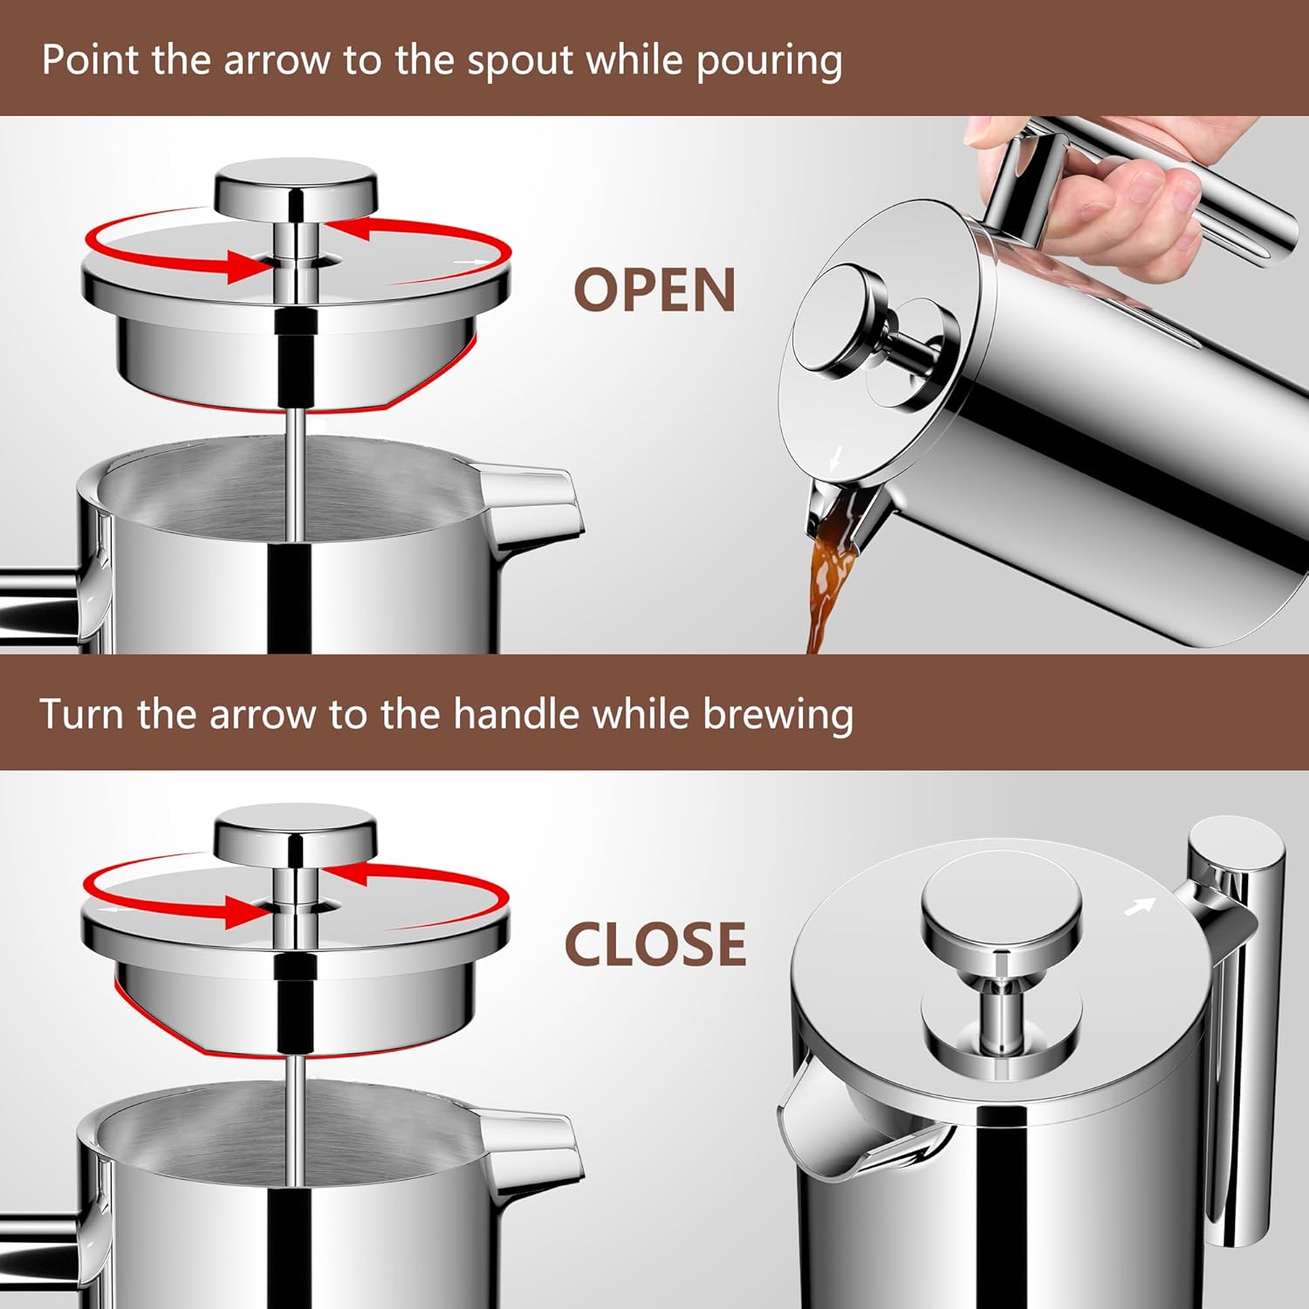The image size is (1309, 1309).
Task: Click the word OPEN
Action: [x=654, y=290]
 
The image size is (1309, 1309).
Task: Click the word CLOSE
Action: [x=655, y=944]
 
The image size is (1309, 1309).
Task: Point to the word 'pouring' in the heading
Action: [x=769, y=62]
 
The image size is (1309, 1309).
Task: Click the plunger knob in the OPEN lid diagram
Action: [x=297, y=188]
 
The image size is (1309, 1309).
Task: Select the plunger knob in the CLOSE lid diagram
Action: [x=296, y=833]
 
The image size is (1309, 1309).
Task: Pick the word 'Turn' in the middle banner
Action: [x=83, y=715]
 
